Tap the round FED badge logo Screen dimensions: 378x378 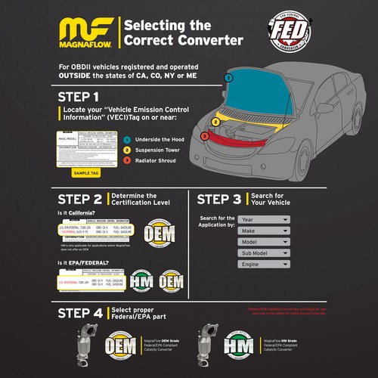[293, 33]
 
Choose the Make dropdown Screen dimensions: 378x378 [264, 231]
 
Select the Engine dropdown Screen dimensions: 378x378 [264, 265]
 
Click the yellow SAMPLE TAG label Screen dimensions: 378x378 [85, 172]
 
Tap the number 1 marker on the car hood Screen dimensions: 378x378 [228, 78]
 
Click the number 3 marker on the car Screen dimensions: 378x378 [204, 136]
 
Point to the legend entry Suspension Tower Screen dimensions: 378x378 [159, 150]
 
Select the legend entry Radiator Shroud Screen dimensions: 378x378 [156, 160]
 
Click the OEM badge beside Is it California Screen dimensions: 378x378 [160, 233]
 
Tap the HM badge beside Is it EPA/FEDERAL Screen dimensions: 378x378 [141, 281]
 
